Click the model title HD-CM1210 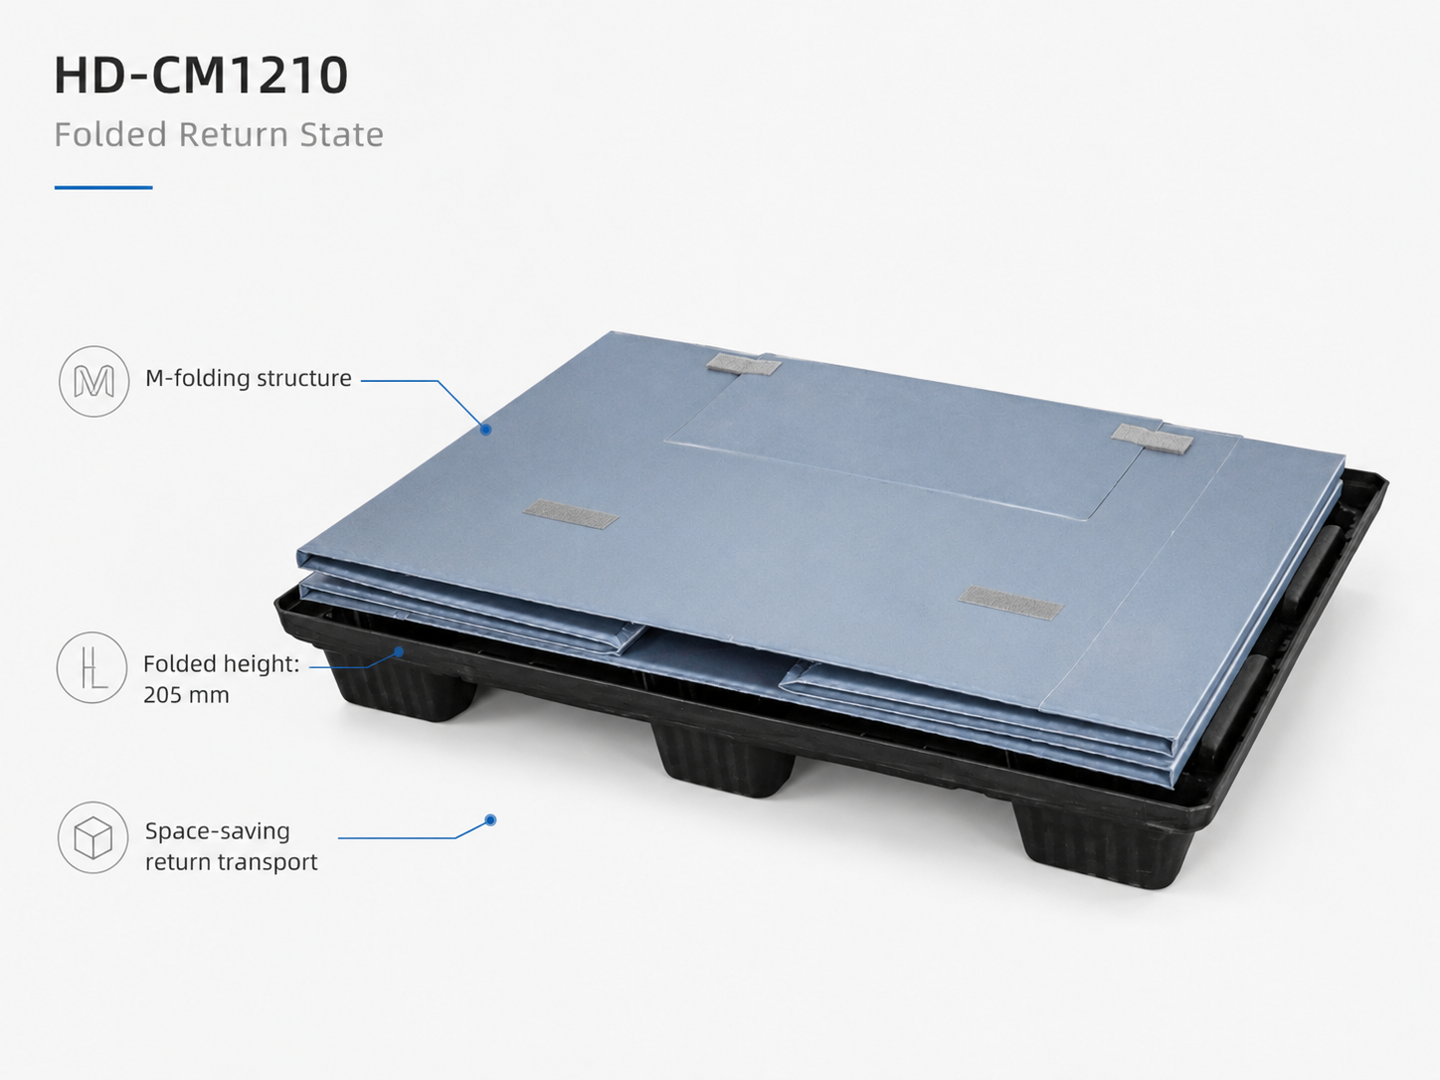(x=201, y=76)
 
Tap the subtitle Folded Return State (x=219, y=134)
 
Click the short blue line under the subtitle (x=103, y=188)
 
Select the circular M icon (x=93, y=381)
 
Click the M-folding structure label (x=248, y=378)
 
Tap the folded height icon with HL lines (x=91, y=667)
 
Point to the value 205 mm (x=186, y=694)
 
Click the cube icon (x=93, y=837)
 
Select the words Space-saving (x=217, y=831)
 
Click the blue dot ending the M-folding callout (x=485, y=430)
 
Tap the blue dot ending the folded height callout (x=398, y=651)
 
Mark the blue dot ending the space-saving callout (x=490, y=819)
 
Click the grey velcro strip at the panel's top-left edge (x=743, y=365)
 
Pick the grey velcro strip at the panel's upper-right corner (x=1152, y=439)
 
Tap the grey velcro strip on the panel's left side (x=571, y=514)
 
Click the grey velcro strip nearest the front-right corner (x=1010, y=603)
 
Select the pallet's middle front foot (x=724, y=760)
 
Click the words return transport (x=231, y=861)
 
